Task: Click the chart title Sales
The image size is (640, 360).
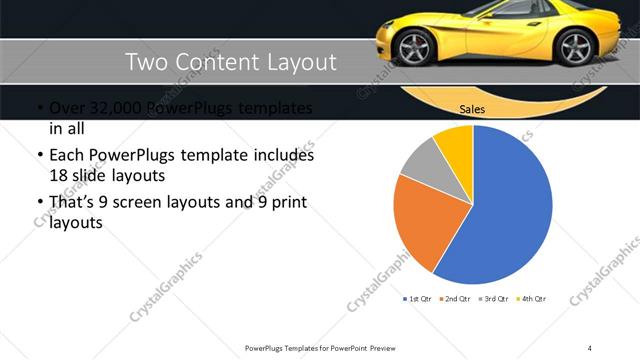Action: coord(473,110)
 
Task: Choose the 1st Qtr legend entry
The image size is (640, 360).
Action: coord(418,299)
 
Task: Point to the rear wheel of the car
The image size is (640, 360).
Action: coord(576,47)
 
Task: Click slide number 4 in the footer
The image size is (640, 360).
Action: coord(590,347)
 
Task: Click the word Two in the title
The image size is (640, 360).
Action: coord(145,62)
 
